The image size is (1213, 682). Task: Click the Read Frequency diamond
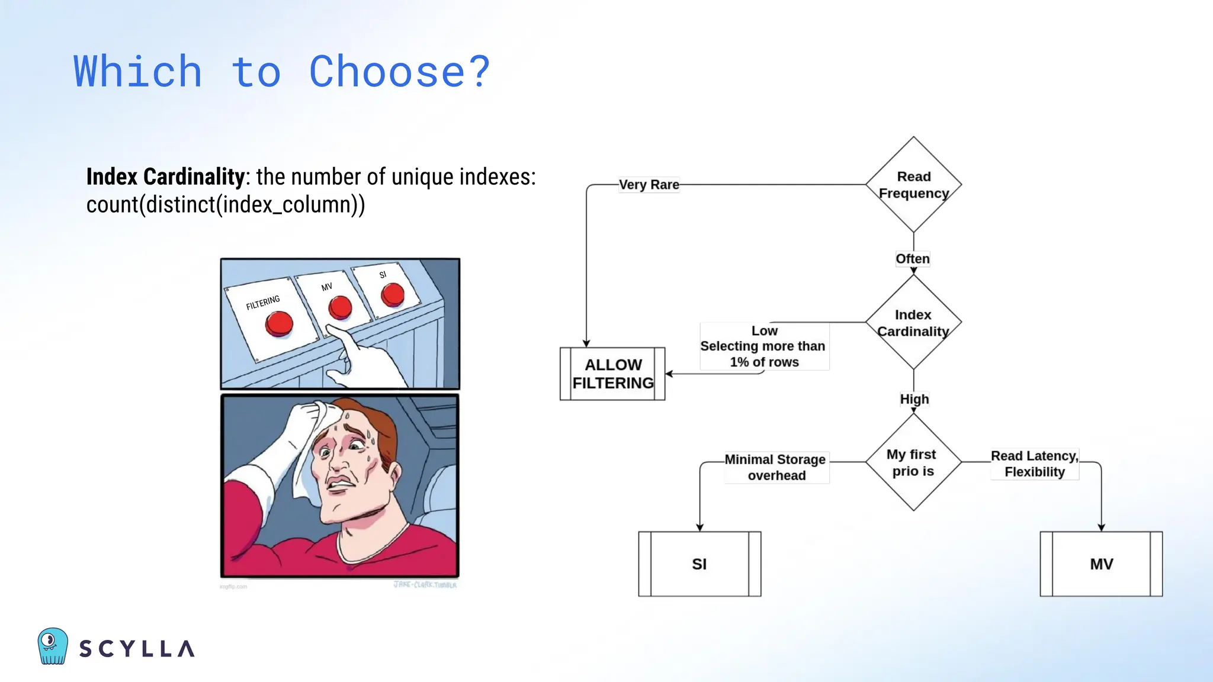[913, 185]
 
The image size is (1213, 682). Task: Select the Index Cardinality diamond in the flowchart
[913, 323]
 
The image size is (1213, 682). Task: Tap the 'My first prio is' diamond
[913, 462]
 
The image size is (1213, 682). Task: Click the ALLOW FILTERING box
[612, 374]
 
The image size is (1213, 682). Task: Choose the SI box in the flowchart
[699, 564]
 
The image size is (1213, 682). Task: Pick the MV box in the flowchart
[1101, 564]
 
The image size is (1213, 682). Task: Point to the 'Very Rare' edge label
[649, 185]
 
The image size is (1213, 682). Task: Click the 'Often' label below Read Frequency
[912, 259]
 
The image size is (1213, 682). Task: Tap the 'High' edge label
[914, 399]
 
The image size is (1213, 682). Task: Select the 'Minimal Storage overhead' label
[775, 467]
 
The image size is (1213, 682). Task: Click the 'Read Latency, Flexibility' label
[1034, 464]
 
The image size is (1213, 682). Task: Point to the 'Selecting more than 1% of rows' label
[763, 354]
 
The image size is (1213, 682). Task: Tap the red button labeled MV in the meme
[340, 307]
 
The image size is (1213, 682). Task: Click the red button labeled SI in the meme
[392, 294]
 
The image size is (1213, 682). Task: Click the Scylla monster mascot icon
[53, 646]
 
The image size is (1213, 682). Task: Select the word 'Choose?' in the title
[399, 72]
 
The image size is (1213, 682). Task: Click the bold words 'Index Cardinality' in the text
[165, 176]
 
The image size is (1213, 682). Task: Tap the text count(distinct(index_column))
[225, 205]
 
